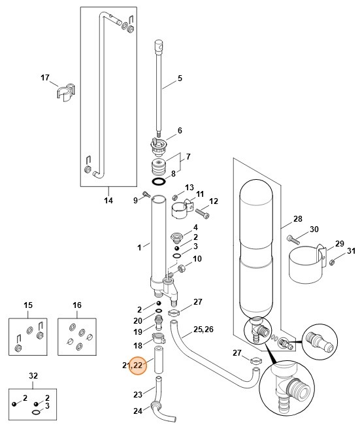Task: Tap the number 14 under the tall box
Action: pyautogui.click(x=109, y=200)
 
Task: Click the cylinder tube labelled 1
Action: pyautogui.click(x=158, y=242)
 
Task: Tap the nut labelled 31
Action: pyautogui.click(x=333, y=263)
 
